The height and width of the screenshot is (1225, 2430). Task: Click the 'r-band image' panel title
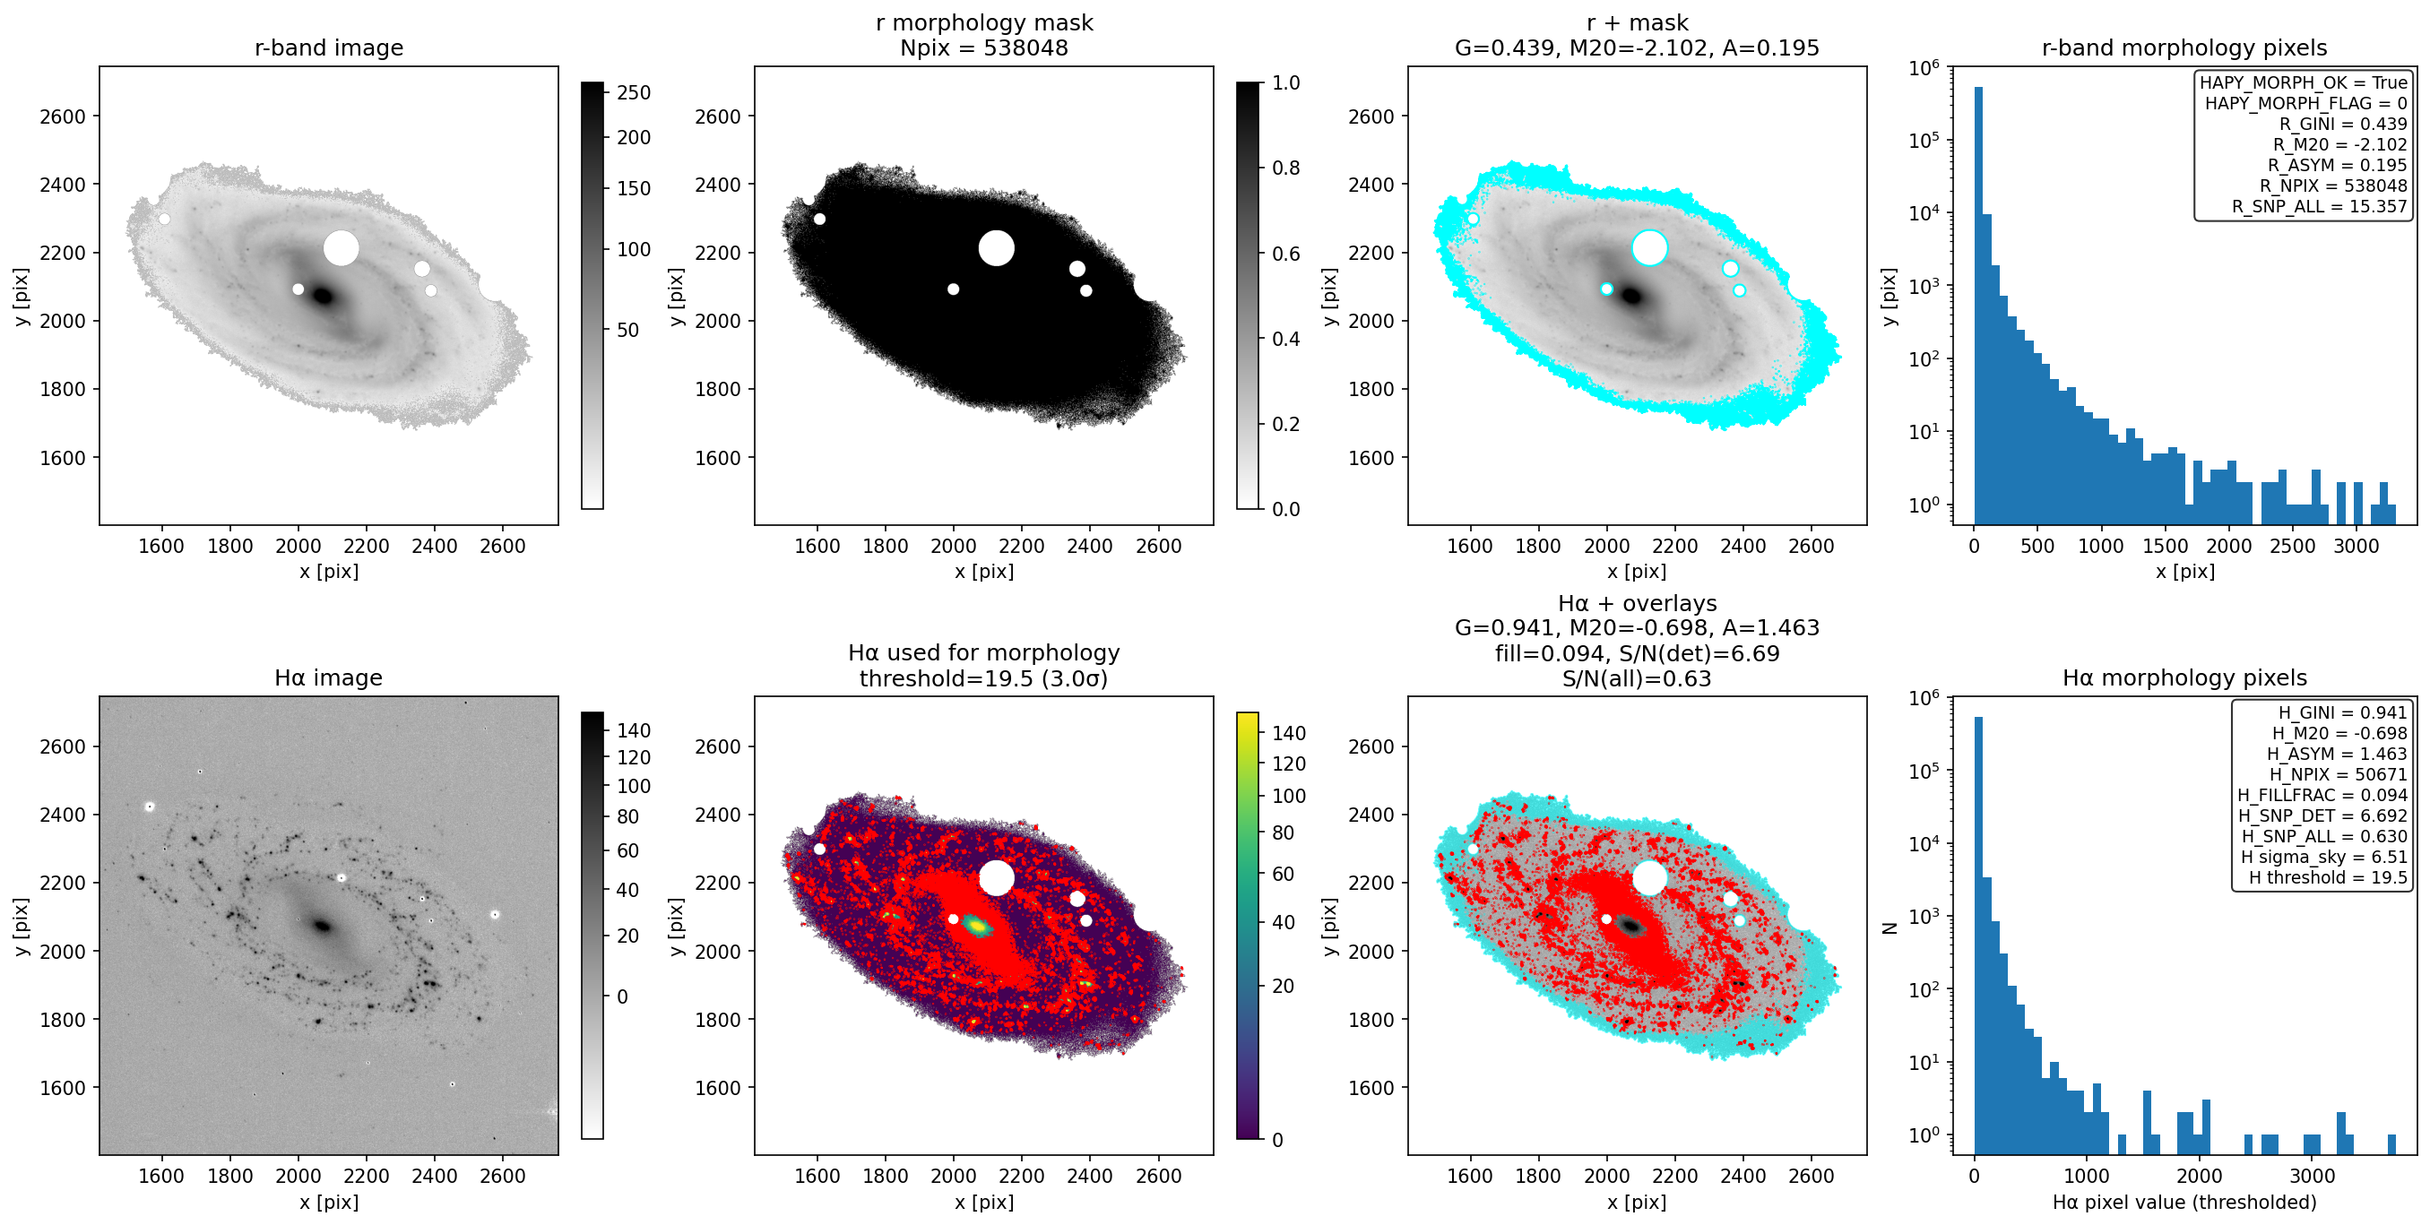coord(328,47)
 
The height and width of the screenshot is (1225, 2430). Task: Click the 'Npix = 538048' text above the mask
coord(984,47)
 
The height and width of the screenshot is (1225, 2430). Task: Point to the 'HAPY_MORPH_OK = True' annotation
coord(2304,82)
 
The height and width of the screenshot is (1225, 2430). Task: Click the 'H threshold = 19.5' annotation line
coord(2327,878)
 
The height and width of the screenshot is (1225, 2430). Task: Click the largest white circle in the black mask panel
coord(996,248)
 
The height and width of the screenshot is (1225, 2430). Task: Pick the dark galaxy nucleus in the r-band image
coord(323,296)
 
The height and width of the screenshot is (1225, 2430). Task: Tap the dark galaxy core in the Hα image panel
coord(323,926)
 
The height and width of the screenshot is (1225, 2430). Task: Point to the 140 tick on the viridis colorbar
coord(1289,734)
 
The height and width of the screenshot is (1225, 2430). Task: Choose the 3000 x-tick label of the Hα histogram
coord(2312,1176)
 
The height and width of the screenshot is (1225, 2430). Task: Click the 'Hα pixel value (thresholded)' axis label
coord(2184,1203)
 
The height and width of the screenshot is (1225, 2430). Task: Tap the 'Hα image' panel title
coord(328,678)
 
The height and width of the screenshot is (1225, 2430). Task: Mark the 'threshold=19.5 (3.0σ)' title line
coord(984,678)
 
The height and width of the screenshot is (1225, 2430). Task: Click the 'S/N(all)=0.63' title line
coord(1637,678)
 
